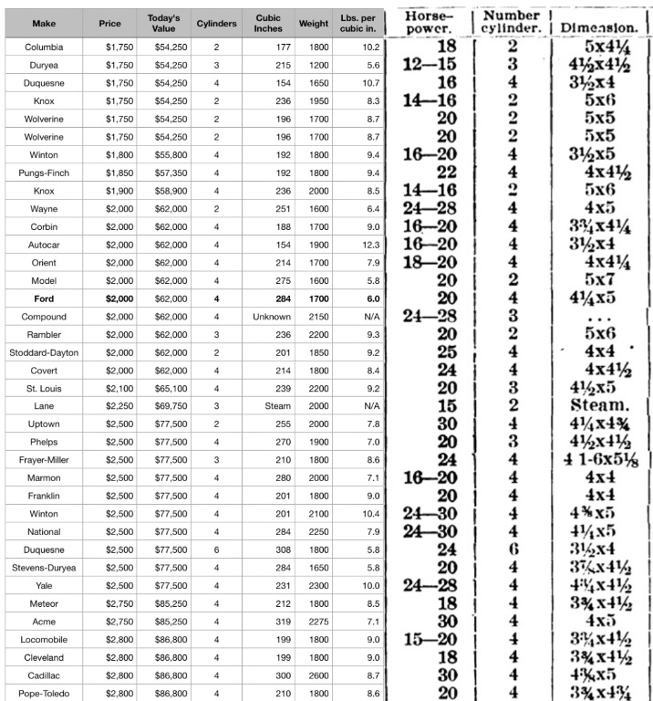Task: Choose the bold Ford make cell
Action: coord(44,298)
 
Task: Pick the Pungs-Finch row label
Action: coord(44,173)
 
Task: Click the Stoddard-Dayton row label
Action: coord(44,352)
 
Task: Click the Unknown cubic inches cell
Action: coord(272,317)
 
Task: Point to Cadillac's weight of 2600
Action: coord(313,675)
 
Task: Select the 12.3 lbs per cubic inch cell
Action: coord(370,245)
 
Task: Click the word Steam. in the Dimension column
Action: coord(600,406)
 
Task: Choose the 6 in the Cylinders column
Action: coord(216,549)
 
